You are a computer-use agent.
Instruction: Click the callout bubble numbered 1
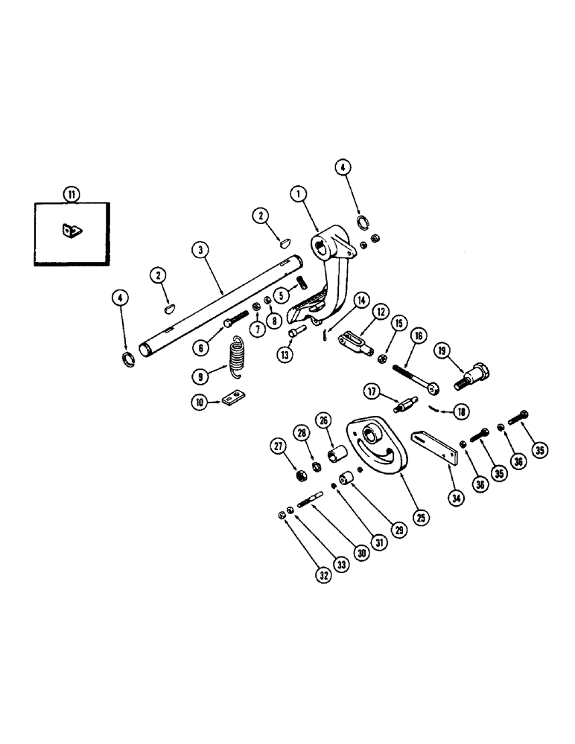click(299, 195)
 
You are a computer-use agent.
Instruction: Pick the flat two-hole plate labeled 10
click(233, 401)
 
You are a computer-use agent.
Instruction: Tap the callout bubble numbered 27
click(279, 446)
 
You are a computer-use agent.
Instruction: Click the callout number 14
click(361, 301)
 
